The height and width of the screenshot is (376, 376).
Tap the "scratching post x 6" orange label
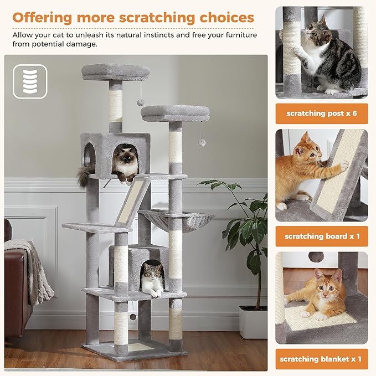click(322, 114)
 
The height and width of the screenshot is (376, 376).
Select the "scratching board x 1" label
click(322, 236)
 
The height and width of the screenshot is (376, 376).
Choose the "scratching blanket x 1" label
click(322, 359)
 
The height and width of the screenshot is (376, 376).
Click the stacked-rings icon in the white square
click(30, 81)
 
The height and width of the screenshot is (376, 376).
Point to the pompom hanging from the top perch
click(141, 102)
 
